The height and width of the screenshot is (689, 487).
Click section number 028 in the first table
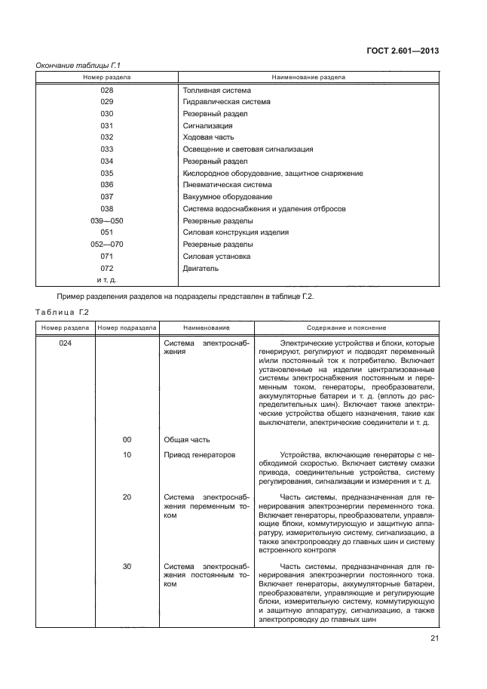tap(106, 90)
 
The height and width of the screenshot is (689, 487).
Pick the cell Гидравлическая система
tap(227, 101)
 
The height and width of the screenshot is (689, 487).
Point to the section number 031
tap(106, 125)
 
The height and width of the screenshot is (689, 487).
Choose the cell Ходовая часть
tap(209, 137)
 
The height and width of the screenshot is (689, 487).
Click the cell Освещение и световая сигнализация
tap(247, 149)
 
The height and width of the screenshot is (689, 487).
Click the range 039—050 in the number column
tap(106, 220)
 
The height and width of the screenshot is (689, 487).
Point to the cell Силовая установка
tap(217, 257)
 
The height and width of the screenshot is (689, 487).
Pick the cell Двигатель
tap(201, 268)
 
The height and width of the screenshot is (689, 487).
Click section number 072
tap(106, 268)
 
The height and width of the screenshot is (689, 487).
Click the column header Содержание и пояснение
tap(346, 328)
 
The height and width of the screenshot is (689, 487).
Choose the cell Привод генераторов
tap(200, 456)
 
